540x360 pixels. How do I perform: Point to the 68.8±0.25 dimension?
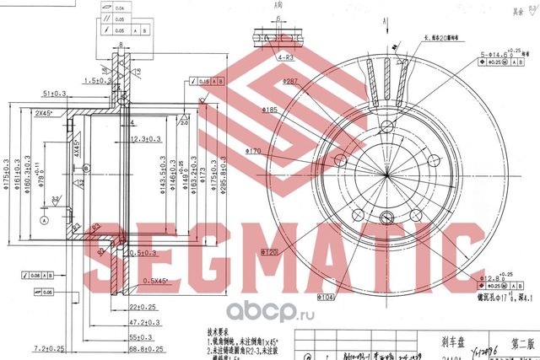click(147, 348)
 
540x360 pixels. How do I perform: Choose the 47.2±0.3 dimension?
click(146, 322)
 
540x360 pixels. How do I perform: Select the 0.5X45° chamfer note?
click(154, 281)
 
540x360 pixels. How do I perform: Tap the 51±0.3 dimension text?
click(55, 94)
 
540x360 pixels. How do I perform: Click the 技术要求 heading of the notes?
click(216, 332)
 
